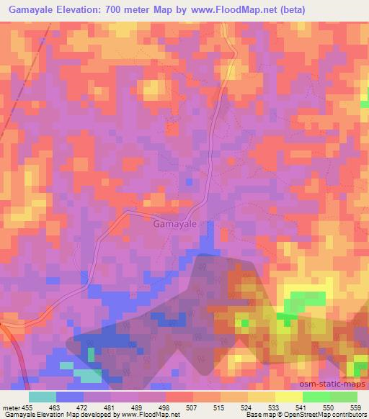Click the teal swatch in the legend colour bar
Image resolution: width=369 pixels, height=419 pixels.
click(x=43, y=396)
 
